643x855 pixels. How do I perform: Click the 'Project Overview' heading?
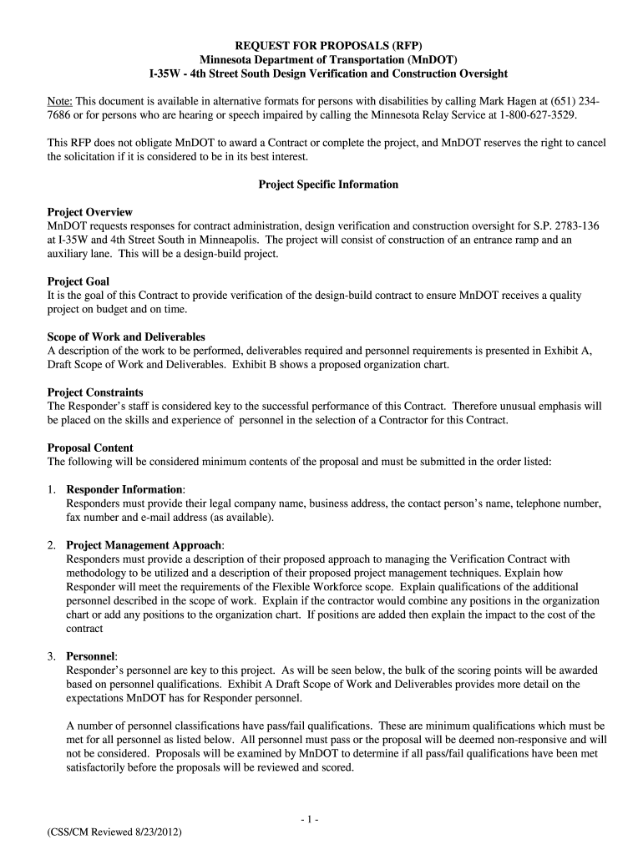pos(90,212)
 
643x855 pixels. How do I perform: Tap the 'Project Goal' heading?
pos(78,281)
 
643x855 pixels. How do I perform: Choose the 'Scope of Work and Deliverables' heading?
pos(120,336)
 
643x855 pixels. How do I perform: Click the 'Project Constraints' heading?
pos(95,392)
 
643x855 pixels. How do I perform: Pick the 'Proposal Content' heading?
pos(90,448)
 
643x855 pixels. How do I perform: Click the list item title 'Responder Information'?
pos(124,489)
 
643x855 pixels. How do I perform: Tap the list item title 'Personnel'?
pos(90,656)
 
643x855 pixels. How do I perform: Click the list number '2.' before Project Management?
pos(52,545)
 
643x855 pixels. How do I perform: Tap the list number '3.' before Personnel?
pos(52,656)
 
